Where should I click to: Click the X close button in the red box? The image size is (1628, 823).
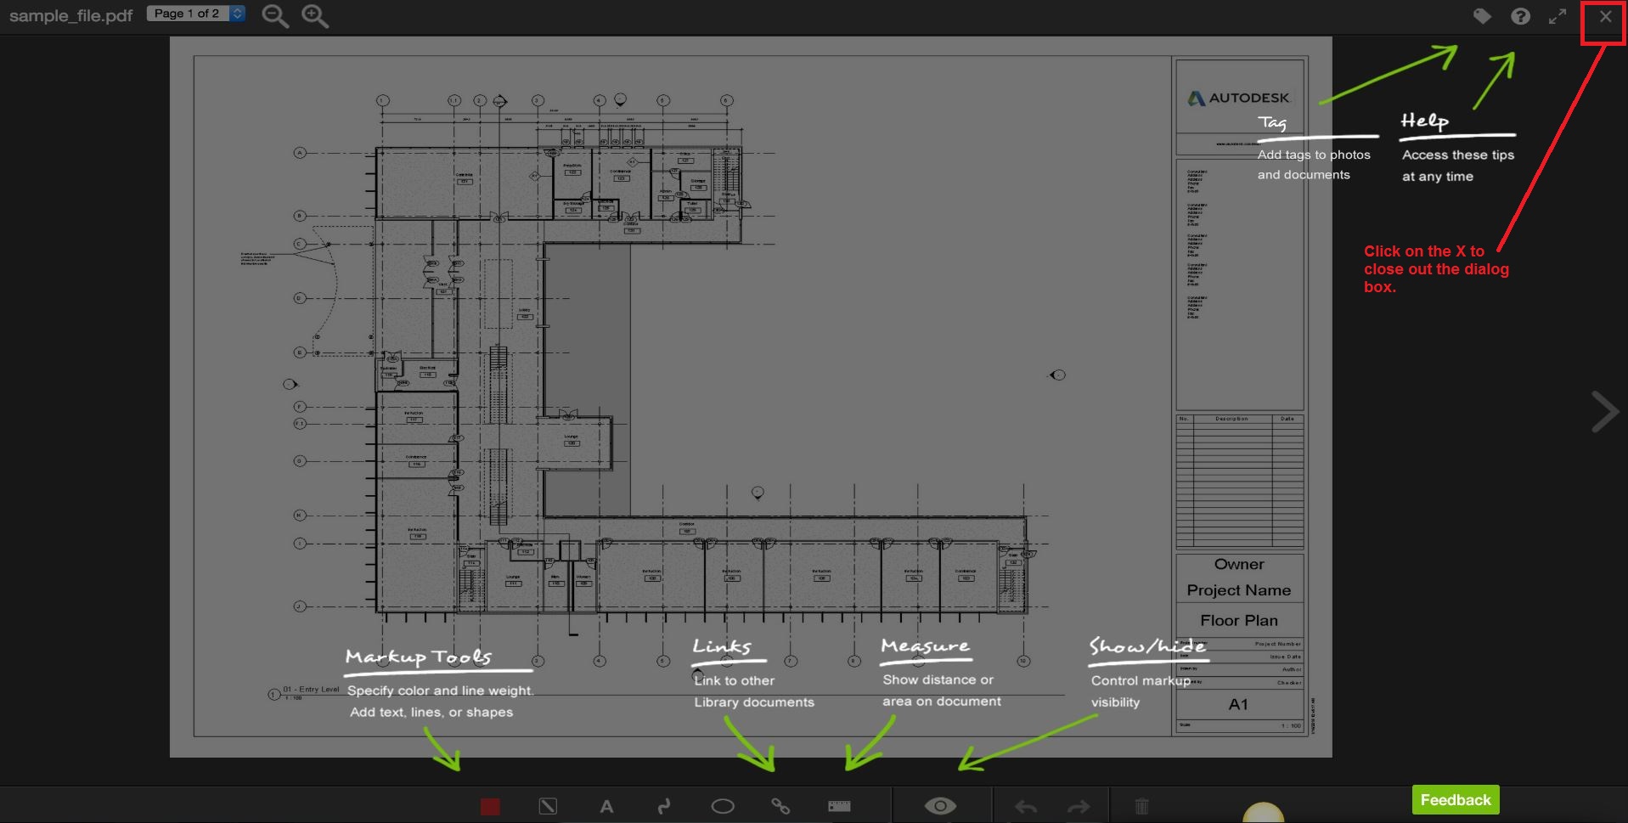(1604, 16)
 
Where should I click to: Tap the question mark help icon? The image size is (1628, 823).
(1520, 16)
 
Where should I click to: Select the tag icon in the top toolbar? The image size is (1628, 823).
(1482, 16)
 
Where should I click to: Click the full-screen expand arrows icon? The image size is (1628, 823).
(1558, 16)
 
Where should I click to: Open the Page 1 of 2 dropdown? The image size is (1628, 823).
(195, 14)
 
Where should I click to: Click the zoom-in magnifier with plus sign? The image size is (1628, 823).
(314, 16)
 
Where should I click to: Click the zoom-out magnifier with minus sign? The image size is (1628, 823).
(274, 16)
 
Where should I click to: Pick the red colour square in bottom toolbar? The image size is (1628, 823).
(490, 806)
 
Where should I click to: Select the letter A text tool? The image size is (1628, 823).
(606, 806)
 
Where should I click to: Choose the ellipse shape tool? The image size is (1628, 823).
(723, 806)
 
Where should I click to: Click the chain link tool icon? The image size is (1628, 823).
(780, 806)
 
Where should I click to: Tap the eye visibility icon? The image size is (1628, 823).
(940, 806)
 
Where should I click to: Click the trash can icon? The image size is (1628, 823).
(1141, 806)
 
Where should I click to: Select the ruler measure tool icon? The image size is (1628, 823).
(839, 806)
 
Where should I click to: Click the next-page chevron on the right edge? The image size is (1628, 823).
(1604, 412)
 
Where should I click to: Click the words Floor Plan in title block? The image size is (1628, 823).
(1238, 621)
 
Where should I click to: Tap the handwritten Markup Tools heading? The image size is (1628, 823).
(419, 657)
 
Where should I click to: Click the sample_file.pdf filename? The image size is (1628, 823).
(71, 16)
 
